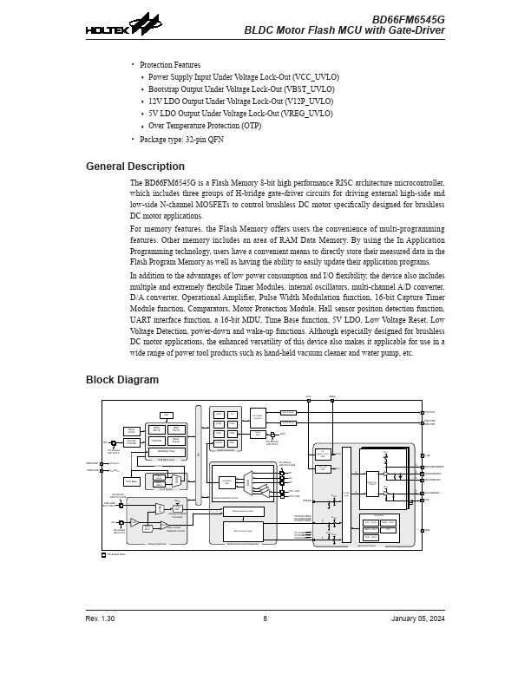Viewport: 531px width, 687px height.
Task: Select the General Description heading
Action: tap(134, 167)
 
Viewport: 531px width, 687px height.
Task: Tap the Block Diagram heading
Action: tap(121, 380)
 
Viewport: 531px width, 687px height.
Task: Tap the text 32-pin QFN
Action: tap(204, 139)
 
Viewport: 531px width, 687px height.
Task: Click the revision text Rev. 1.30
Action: tap(100, 618)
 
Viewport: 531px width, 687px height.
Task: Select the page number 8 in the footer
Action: tap(265, 618)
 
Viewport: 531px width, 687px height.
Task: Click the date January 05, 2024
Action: tap(418, 618)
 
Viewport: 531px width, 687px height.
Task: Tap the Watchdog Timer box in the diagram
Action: tap(167, 451)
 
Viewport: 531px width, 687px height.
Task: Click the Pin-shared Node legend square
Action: tap(104, 554)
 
